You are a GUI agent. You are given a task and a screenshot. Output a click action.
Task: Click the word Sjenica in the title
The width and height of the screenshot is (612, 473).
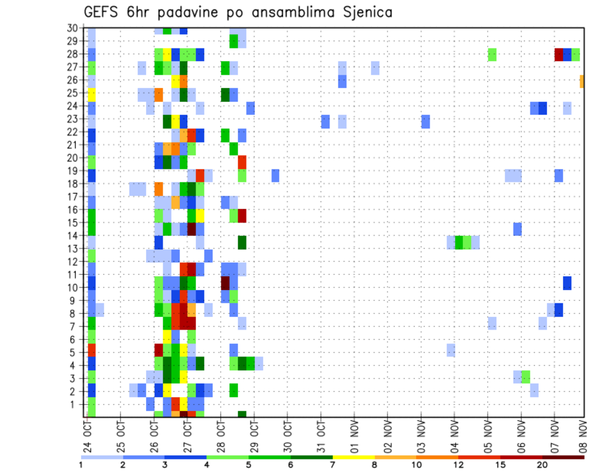coord(366,12)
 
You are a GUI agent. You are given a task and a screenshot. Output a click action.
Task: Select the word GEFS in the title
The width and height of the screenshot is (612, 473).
coord(103,12)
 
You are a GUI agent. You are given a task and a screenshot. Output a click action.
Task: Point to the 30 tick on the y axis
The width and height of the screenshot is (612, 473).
coord(73,27)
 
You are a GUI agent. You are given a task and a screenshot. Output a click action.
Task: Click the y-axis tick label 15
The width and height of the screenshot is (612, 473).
coord(75,223)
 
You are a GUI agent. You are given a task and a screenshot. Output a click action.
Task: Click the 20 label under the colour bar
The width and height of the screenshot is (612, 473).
coord(542,465)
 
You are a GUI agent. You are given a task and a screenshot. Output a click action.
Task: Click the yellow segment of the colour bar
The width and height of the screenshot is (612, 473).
coord(353,456)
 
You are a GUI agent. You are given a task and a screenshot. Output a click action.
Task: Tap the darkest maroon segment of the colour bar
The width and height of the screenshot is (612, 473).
coord(563,456)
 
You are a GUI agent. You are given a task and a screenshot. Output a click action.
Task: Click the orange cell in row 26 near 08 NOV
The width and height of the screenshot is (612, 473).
coord(582,81)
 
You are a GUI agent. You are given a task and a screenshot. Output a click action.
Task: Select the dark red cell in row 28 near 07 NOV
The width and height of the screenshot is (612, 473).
coord(558,54)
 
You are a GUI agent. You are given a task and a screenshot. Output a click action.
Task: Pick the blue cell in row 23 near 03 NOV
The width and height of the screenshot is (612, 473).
coord(426,121)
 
